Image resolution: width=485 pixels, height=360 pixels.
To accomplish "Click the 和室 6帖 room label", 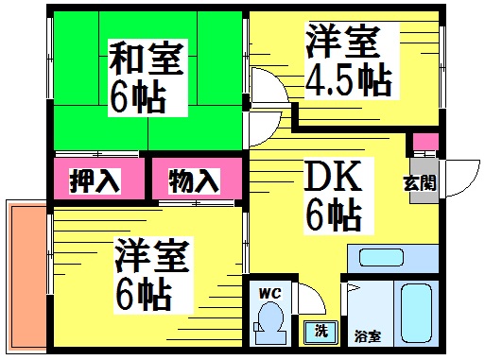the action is pyautogui.click(x=147, y=77).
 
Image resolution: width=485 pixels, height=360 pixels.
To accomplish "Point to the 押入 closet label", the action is pyautogui.click(x=95, y=180).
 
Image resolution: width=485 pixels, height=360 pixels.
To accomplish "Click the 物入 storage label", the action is pyautogui.click(x=194, y=180).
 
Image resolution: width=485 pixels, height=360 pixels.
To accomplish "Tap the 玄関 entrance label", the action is pyautogui.click(x=420, y=182).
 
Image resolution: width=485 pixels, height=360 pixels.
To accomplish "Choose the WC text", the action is pyautogui.click(x=270, y=294).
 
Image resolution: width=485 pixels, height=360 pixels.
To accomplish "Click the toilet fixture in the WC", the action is pyautogui.click(x=270, y=322).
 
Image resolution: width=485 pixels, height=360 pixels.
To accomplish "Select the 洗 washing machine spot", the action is pyautogui.click(x=320, y=333).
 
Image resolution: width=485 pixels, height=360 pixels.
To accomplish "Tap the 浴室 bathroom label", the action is pyautogui.click(x=368, y=336).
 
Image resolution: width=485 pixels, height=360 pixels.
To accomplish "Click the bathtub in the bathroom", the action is pyautogui.click(x=416, y=313).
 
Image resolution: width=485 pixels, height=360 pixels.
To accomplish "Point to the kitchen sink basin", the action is pyautogui.click(x=381, y=257).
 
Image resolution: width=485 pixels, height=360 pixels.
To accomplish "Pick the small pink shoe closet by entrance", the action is pyautogui.click(x=425, y=142).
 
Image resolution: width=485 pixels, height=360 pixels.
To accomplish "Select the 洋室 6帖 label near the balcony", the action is pyautogui.click(x=152, y=275).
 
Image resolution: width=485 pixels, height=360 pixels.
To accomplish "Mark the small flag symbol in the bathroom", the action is pyautogui.click(x=353, y=287).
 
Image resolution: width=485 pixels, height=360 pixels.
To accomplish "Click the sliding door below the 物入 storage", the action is pyautogui.click(x=196, y=203).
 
